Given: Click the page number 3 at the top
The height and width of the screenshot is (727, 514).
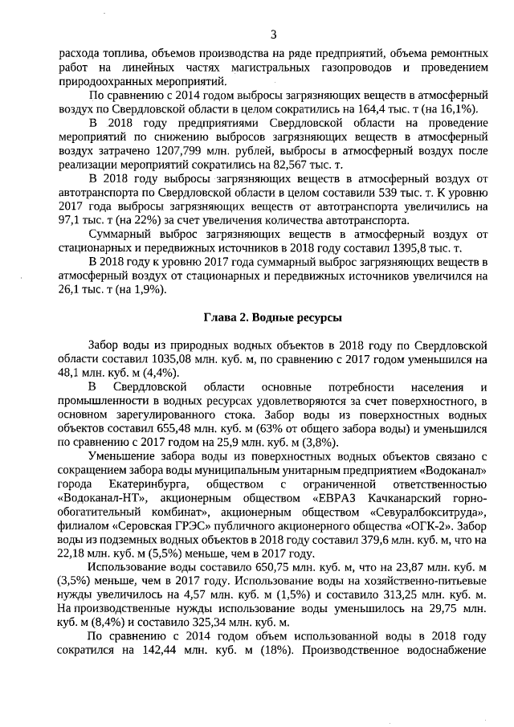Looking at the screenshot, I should click(274, 35).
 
